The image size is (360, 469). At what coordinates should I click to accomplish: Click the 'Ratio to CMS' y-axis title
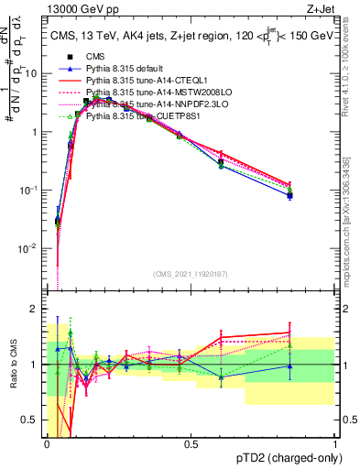pos(13,365)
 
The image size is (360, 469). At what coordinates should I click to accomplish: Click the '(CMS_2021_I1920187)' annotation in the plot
pos(191,274)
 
